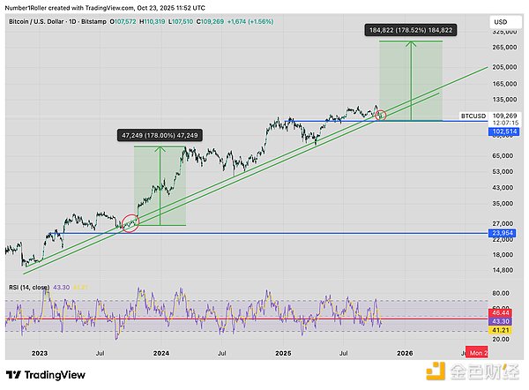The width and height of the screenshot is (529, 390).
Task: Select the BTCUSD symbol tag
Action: click(474, 116)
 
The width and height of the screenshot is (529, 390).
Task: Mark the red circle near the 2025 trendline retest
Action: click(381, 114)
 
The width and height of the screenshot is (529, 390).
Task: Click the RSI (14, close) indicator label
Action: click(31, 287)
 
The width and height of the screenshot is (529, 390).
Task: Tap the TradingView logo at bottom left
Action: click(44, 373)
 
